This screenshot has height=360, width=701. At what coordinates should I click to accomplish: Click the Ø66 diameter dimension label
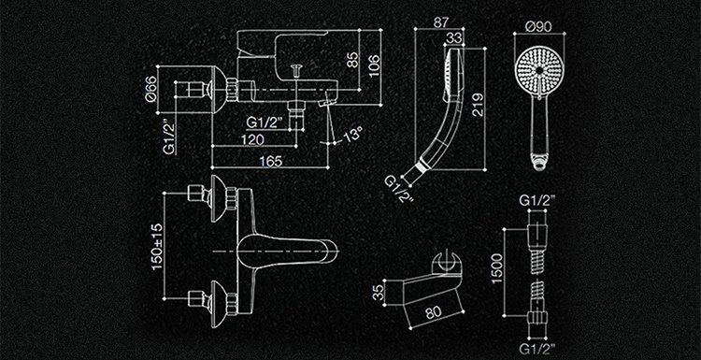[151, 89]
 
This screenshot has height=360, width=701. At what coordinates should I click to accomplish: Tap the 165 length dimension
[271, 161]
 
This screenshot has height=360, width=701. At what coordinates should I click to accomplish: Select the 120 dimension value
[252, 139]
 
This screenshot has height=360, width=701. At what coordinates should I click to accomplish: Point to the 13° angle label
[352, 134]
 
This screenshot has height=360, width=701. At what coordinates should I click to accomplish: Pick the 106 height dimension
[374, 65]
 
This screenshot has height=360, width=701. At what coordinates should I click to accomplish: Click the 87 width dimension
[442, 22]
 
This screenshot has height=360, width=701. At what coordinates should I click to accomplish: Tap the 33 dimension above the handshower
[454, 38]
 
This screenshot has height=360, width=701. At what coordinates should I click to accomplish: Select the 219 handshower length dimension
[478, 105]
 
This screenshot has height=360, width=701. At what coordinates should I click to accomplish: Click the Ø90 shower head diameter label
[538, 27]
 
